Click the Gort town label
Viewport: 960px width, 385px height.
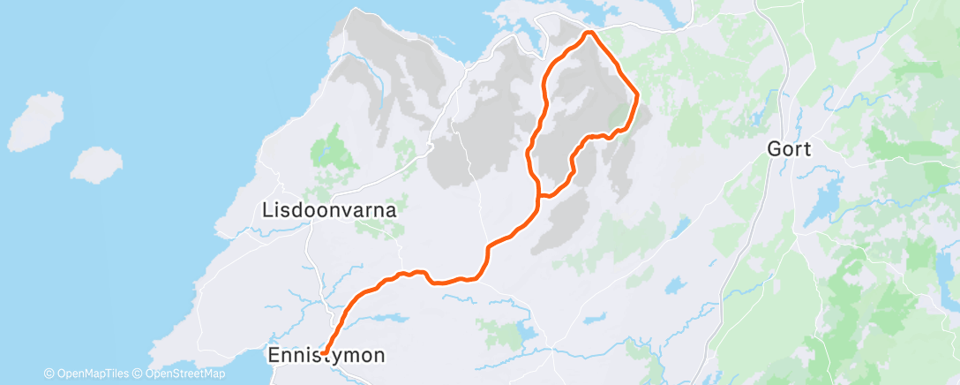(789, 148)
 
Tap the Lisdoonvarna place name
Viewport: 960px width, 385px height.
(329, 211)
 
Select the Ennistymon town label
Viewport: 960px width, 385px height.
(326, 356)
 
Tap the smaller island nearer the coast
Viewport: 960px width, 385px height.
(95, 164)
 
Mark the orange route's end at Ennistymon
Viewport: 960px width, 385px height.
(324, 352)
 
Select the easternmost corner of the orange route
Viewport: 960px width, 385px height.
(636, 92)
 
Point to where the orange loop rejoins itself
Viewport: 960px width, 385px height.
(539, 195)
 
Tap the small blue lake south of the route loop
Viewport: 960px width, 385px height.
(675, 285)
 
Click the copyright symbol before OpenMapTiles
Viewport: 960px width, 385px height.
(49, 374)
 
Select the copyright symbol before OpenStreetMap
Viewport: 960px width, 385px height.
(139, 374)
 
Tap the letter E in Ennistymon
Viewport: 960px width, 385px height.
(273, 356)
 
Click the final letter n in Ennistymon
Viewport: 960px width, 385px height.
(379, 356)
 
